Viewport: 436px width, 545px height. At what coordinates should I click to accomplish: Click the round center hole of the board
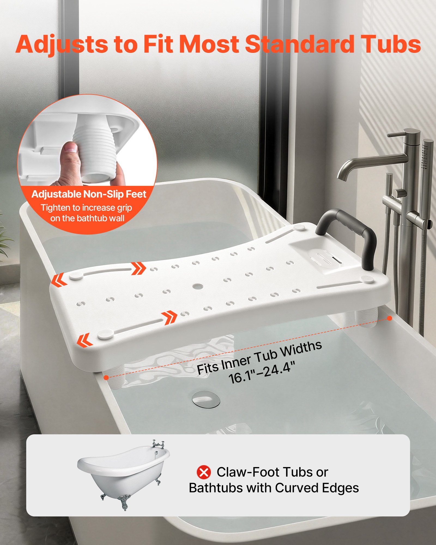pos(198,286)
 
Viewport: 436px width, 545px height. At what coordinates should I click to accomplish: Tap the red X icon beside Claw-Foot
pos(204,472)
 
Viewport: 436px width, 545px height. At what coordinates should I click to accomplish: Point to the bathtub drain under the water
pos(206,399)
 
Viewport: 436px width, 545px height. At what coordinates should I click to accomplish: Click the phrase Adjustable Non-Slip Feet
pos(89,194)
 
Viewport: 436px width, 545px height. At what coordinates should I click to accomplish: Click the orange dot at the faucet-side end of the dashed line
pos(389,318)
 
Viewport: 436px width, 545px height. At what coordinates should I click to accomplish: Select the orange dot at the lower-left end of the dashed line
pos(106,377)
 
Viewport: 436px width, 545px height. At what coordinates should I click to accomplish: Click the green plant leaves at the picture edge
pos(4,240)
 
